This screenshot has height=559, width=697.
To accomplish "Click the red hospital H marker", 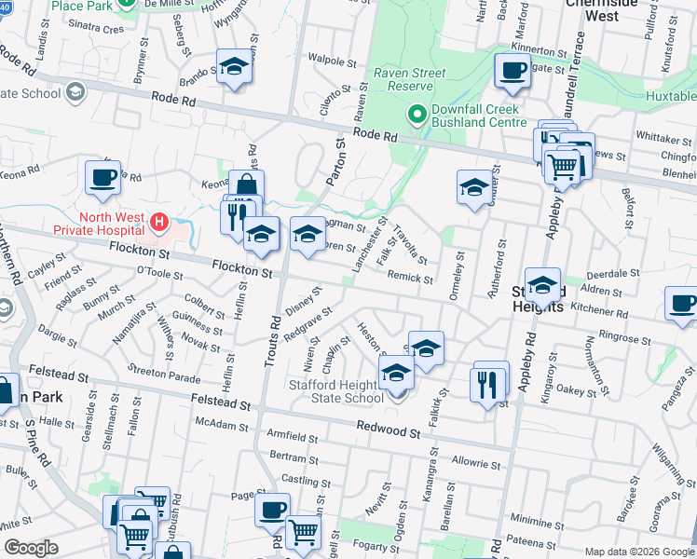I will (159, 223).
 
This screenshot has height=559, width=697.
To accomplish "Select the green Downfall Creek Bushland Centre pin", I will (417, 115).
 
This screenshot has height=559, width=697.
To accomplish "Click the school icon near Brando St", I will (235, 66).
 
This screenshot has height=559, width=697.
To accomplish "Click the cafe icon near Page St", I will (272, 509).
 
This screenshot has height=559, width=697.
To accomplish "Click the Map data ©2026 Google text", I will (638, 552).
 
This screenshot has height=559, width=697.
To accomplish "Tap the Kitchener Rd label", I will (600, 311).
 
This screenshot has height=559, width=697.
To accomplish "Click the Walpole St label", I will (334, 61).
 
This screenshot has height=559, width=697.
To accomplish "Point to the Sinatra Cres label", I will (100, 30).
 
